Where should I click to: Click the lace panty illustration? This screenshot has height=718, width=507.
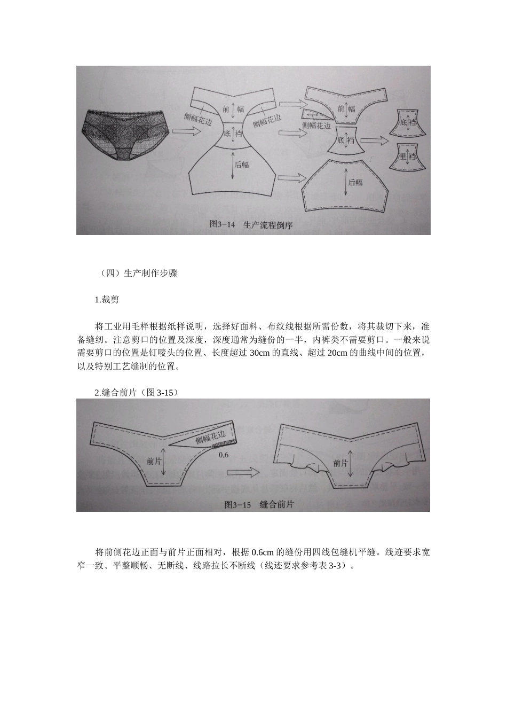(x=126, y=134)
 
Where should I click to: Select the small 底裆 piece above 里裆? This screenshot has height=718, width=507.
(x=408, y=123)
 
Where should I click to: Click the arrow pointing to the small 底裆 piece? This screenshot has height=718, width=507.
(x=375, y=140)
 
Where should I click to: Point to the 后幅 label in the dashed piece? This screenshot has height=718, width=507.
(x=355, y=182)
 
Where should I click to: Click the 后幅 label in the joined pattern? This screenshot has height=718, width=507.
(x=241, y=164)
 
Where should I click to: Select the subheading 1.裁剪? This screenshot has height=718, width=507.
(x=107, y=300)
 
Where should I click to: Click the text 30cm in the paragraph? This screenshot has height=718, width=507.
(x=259, y=353)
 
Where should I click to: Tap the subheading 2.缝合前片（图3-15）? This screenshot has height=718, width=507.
(x=137, y=393)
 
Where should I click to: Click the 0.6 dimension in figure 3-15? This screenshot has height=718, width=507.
(x=223, y=455)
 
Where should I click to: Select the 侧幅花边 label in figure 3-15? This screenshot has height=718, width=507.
(x=211, y=434)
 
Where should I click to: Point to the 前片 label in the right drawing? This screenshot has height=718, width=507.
(x=340, y=463)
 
